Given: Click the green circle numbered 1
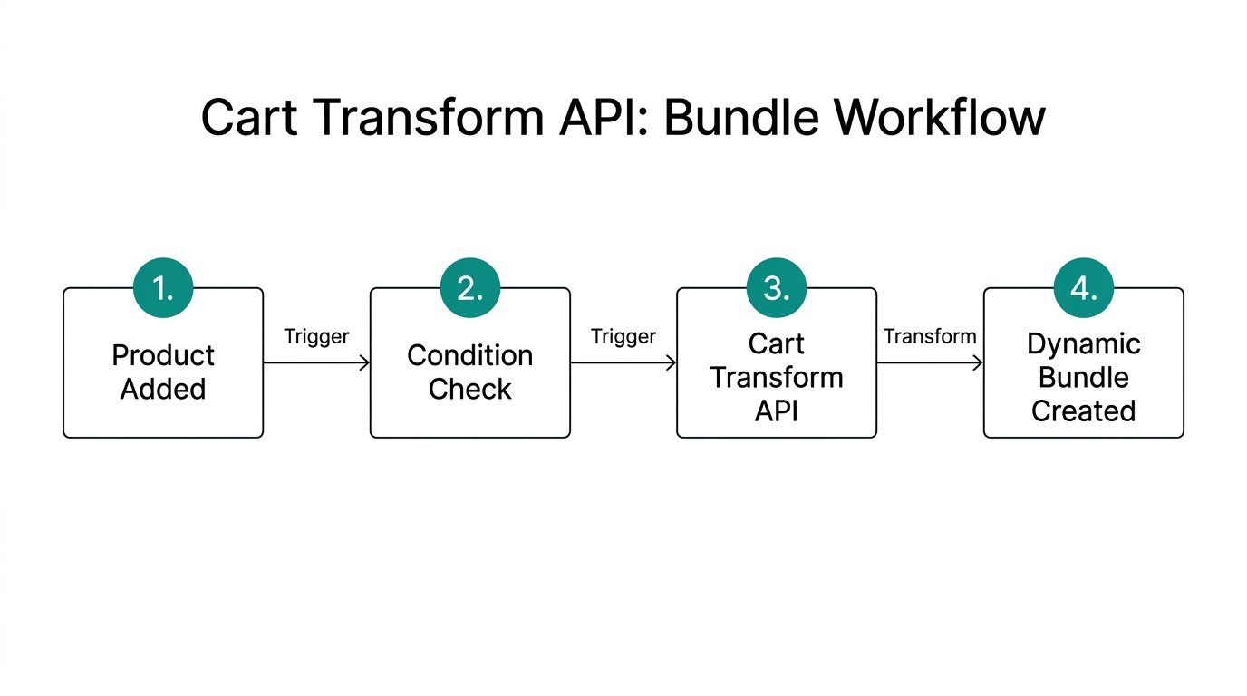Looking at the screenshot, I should click(163, 288).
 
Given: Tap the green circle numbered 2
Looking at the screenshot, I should click(469, 288).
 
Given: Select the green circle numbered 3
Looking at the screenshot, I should click(777, 288).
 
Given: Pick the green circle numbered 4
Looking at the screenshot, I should click(1083, 288).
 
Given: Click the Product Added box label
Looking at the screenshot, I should click(163, 372).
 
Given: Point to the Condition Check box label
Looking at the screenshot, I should click(469, 372).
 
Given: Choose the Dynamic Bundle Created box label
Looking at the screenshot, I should click(1083, 377).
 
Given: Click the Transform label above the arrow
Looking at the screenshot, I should click(930, 337).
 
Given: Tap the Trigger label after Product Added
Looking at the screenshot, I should click(316, 337).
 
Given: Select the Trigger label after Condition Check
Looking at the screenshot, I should click(623, 337).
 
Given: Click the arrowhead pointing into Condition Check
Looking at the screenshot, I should click(365, 363).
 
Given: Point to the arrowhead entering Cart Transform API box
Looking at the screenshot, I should click(672, 363).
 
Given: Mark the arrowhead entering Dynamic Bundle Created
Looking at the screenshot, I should click(979, 363).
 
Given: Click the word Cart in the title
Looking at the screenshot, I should click(247, 118).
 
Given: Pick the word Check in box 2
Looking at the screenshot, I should click(469, 390).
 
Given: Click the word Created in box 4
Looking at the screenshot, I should click(1083, 411).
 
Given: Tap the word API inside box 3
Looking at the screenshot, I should click(777, 411).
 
